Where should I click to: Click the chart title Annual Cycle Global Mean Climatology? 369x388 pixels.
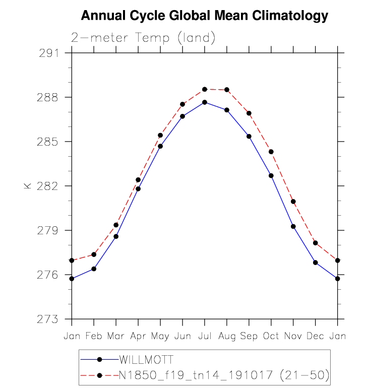pyautogui.click(x=204, y=16)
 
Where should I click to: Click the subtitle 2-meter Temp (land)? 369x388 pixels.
pyautogui.click(x=143, y=38)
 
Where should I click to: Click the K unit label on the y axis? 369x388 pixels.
pyautogui.click(x=27, y=186)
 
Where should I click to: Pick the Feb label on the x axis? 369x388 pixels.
pyautogui.click(x=94, y=336)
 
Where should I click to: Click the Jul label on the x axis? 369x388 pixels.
pyautogui.click(x=205, y=336)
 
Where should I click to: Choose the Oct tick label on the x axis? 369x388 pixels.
pyautogui.click(x=271, y=336)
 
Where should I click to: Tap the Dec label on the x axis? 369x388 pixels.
pyautogui.click(x=316, y=336)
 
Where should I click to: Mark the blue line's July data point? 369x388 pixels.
pyautogui.click(x=205, y=102)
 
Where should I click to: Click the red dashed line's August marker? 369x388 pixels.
pyautogui.click(x=227, y=90)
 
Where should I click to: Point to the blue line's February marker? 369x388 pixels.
pyautogui.click(x=94, y=269)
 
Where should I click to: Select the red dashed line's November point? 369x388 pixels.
pyautogui.click(x=293, y=202)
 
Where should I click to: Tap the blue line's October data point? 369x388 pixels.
pyautogui.click(x=271, y=175)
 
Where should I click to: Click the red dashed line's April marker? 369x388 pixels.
pyautogui.click(x=138, y=179)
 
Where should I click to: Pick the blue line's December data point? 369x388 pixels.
pyautogui.click(x=316, y=263)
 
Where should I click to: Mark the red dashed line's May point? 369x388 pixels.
pyautogui.click(x=160, y=135)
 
